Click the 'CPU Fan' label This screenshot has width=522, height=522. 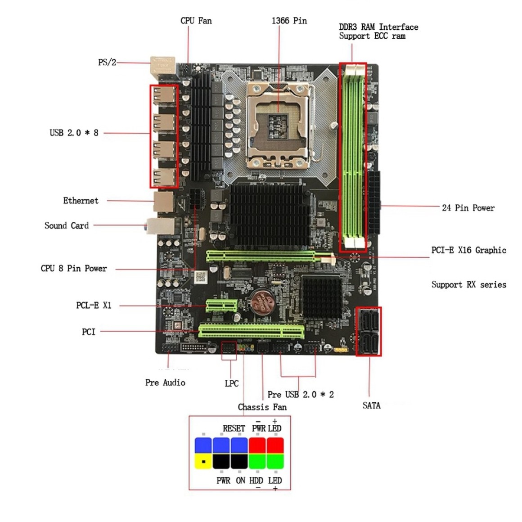196,21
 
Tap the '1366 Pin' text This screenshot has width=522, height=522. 289,21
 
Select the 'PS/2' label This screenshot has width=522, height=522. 107,63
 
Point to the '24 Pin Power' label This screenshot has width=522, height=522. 468,208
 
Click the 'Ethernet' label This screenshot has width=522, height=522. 81,201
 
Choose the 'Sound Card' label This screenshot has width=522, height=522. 67,225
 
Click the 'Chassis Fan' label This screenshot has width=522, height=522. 262,407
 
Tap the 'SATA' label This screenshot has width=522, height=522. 371,405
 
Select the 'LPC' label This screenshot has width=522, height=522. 231,383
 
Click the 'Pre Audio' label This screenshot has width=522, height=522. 165,382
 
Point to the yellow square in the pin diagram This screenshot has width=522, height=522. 203,461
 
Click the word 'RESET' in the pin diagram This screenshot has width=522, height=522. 234,428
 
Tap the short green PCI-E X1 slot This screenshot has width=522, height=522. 221,306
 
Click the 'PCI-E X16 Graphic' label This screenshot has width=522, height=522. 468,250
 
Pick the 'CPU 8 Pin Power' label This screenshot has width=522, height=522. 74,269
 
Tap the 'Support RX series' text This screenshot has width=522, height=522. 468,284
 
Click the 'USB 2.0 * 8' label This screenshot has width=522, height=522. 74,133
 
